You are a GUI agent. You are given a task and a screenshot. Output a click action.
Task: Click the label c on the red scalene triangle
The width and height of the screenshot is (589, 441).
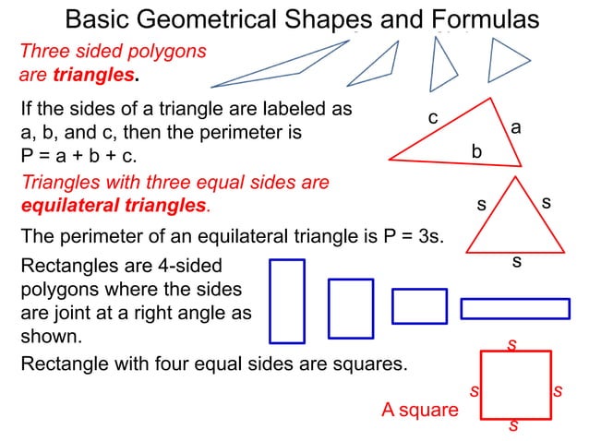(432, 118)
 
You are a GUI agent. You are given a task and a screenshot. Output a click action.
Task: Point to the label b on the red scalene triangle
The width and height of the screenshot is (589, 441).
(476, 149)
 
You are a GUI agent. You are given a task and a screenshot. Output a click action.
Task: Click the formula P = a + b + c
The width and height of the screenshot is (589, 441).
(78, 156)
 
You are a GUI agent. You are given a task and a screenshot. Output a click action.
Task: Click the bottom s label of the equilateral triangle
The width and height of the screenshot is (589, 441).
(517, 262)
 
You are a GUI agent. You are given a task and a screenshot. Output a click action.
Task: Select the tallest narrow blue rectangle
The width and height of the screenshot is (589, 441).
(287, 301)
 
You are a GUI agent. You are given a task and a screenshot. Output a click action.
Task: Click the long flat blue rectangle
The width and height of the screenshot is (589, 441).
(515, 308)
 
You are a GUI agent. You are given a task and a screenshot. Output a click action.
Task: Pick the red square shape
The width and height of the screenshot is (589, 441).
(515, 384)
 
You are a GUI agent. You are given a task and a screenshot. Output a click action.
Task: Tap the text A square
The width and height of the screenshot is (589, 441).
(420, 410)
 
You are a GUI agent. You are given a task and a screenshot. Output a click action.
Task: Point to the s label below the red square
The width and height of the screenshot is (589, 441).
(513, 426)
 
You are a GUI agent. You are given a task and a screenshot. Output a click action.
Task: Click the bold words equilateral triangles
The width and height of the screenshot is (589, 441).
(114, 204)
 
